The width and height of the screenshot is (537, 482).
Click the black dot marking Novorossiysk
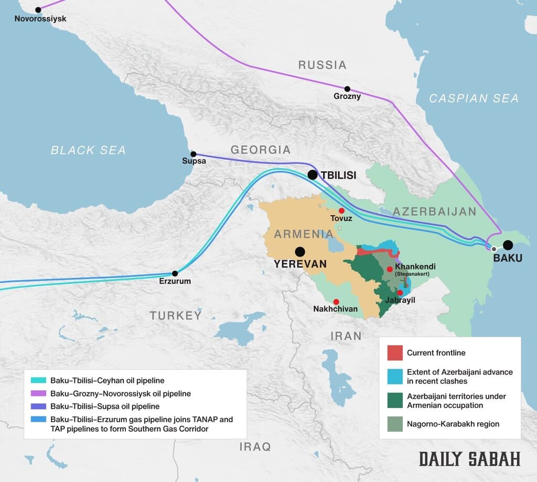38,10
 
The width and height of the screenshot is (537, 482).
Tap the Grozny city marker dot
347,89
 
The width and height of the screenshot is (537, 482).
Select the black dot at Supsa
194,154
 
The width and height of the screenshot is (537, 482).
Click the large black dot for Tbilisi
313,175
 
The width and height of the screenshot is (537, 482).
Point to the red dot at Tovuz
341,210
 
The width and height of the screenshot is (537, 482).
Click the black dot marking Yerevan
300,251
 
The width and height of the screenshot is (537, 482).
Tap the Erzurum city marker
175,273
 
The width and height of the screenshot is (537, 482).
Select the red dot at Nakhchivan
336,302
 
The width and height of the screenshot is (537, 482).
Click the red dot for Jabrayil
400,293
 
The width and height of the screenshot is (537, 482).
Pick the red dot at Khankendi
390,269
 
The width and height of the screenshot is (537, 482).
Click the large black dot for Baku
508,245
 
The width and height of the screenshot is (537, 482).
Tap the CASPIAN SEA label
474,98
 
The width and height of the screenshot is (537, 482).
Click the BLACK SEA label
88,151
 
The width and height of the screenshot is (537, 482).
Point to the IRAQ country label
255,446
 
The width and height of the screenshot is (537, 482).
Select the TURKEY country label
175,315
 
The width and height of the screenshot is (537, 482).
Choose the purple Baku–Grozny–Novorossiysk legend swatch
39,393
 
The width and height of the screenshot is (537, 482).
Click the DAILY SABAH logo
469,458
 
